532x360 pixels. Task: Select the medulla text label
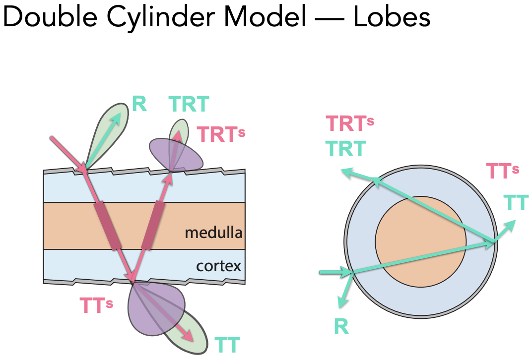[x=213, y=232]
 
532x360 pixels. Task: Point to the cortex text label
[x=218, y=266]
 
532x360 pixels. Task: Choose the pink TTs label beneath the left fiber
[x=96, y=305]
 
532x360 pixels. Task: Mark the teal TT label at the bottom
[x=227, y=345]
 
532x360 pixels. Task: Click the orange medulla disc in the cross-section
[x=420, y=242]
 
